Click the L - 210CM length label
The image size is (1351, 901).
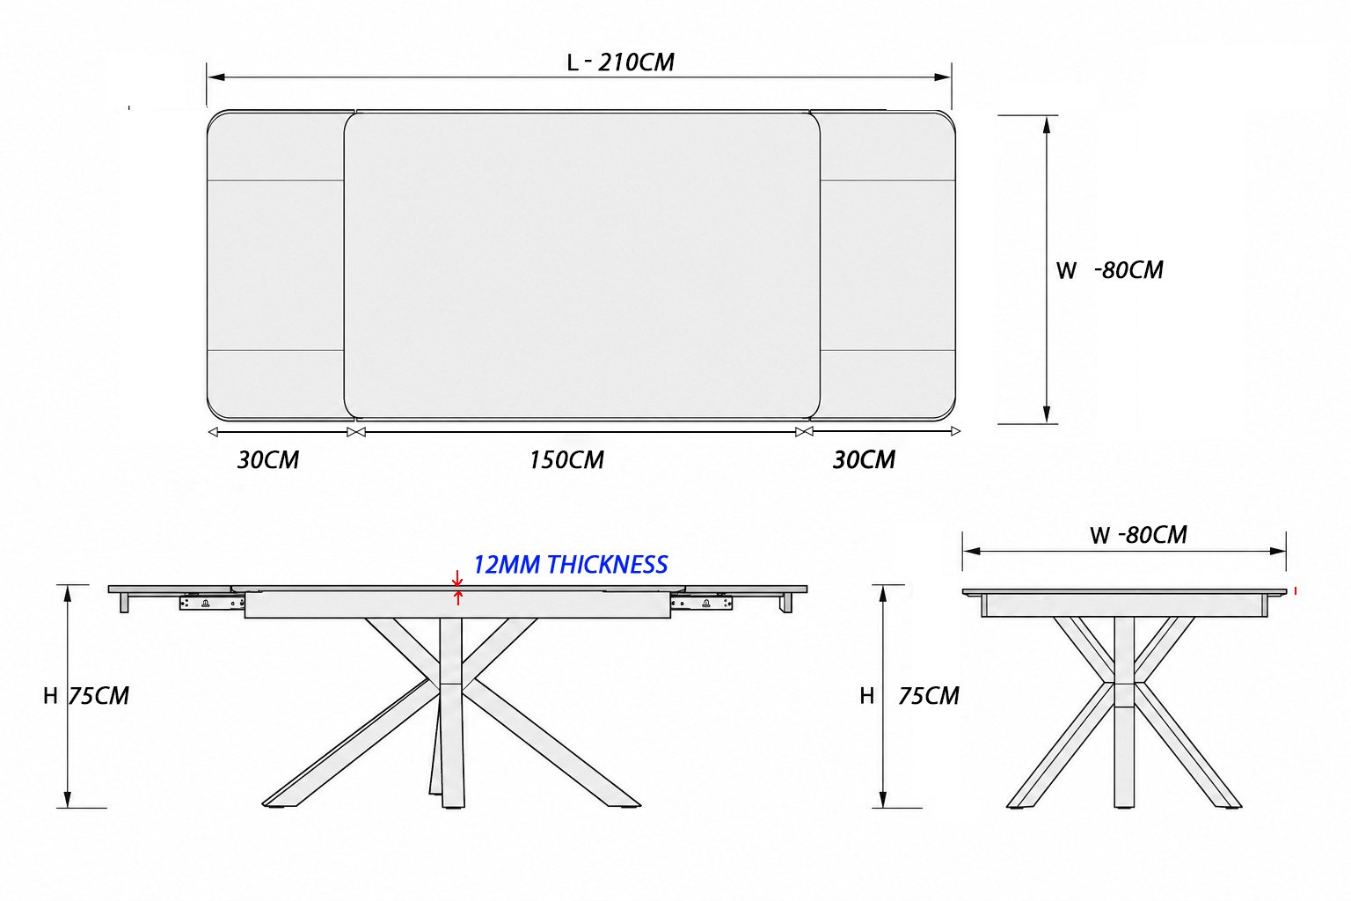pos(620,62)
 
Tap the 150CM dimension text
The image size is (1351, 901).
pos(566,460)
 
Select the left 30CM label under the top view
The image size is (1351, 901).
pos(267,460)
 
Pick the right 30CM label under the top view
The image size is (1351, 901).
pos(864,460)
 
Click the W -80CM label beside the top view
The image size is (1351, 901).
pos(1109,270)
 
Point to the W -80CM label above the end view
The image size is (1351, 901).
pos(1138,535)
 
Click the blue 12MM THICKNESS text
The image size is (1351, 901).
pos(570,565)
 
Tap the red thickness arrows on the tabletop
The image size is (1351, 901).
pos(457,588)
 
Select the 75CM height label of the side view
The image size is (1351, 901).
pos(99,696)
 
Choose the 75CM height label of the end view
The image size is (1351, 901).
pos(928,696)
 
